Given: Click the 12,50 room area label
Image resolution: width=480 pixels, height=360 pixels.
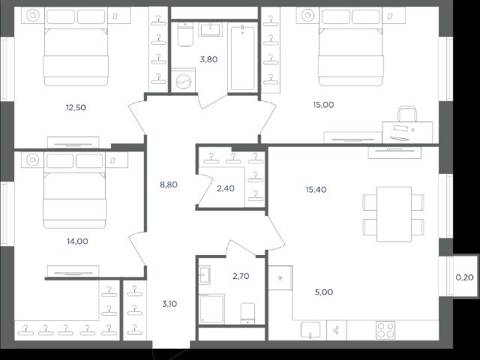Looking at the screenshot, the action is coord(76,107).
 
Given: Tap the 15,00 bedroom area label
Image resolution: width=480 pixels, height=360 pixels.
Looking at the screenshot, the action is coord(323,105).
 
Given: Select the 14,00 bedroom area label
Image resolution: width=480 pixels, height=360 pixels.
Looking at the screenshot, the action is coord(77,241).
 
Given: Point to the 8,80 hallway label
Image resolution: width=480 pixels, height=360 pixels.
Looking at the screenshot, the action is coord(169,184).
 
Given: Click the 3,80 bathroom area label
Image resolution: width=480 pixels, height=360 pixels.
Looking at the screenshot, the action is coord(208,59).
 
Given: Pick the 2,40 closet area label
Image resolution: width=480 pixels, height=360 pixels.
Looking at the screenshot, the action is coord(226,188).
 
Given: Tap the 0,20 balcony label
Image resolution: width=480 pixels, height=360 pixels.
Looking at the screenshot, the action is coord(465,277).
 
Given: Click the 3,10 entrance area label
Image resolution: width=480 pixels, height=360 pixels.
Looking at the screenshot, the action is coord(169,304).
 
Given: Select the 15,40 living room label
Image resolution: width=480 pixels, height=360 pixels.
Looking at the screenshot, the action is coord(316,190).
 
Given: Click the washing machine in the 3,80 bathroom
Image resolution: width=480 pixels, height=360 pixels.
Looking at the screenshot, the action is coord(183,80).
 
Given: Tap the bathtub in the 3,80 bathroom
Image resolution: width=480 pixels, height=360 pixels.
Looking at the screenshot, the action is coord(242,58).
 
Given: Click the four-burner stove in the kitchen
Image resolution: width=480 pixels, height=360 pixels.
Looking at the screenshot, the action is coord(385,330).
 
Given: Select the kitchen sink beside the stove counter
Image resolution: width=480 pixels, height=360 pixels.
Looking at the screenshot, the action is coord(310,330).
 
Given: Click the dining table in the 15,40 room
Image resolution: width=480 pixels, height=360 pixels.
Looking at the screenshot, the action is coord(394,214).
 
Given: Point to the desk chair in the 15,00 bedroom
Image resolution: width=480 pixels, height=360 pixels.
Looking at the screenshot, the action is coord(407,113).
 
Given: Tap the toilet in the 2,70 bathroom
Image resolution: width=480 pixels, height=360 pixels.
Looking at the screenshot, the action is coord(247,313).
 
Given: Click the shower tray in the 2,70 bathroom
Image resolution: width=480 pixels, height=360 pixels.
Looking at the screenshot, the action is coord(211,308).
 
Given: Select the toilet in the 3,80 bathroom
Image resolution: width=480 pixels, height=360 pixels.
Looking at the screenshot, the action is coord(185,34).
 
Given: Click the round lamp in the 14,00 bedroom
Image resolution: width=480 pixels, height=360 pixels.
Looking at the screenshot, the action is coord(32,160).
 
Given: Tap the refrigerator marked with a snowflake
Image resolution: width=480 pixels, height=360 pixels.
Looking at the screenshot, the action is coord(280,277).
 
